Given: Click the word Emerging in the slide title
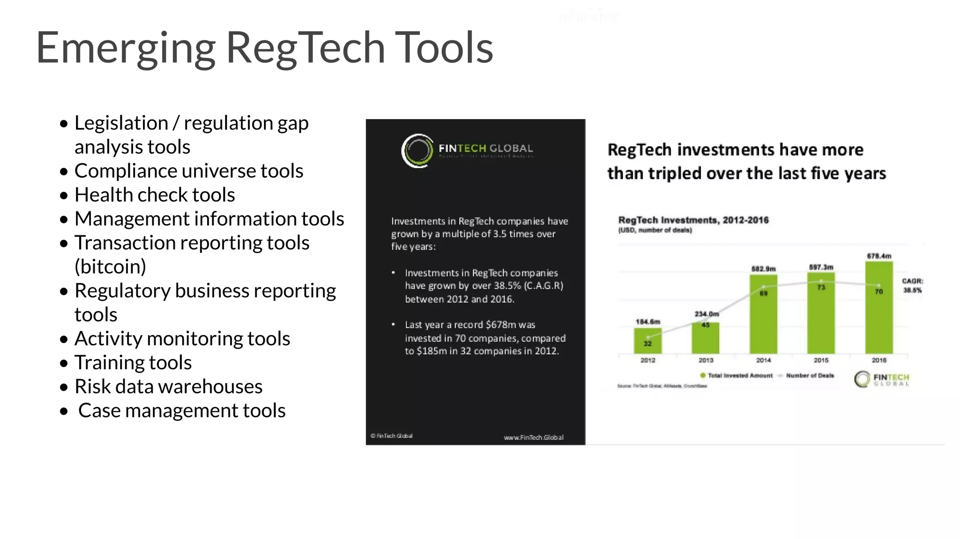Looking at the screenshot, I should point(126,48).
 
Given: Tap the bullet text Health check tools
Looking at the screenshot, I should point(154,195).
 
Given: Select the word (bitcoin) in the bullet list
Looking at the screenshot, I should point(110,267).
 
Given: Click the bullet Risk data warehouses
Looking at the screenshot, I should point(168,387).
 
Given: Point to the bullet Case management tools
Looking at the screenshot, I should point(181,411).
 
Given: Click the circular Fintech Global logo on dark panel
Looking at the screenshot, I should point(417,151).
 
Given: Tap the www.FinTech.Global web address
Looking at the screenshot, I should point(533,437).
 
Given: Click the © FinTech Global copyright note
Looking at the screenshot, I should point(392,436).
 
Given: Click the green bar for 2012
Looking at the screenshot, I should point(647,341).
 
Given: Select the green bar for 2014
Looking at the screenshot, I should point(763,314).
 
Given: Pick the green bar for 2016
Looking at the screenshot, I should point(878,307).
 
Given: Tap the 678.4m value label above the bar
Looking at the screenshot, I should point(878,256).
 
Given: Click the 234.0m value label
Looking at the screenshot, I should point(706,314).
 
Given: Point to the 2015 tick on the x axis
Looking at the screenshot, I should point(821,360).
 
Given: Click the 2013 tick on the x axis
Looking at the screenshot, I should point(705,360).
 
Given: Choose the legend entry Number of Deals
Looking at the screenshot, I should point(809,375).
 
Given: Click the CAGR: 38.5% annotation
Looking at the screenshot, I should point(912,285).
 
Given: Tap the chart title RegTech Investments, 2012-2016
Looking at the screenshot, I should point(693,220).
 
